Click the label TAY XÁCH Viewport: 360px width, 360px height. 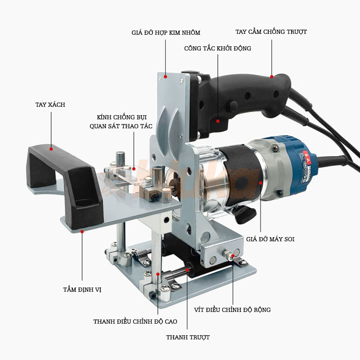coord(50,105)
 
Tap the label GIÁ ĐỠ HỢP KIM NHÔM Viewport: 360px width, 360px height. coord(166,32)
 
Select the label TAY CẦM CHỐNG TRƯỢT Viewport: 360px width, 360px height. coord(271,31)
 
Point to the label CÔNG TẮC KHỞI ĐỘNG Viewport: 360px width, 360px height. coord(217,48)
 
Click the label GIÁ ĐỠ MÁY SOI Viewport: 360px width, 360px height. coord(270,239)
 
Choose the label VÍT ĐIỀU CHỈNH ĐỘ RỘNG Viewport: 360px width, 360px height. coord(232,310)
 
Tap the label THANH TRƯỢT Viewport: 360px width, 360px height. coord(188,337)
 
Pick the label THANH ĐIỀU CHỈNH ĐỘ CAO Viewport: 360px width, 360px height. coord(135,321)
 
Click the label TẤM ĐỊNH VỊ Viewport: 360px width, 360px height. coord(82,289)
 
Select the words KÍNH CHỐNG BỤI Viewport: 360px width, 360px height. coord(121,117)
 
